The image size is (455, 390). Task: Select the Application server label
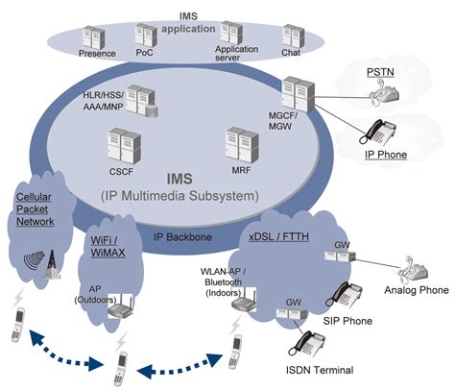tap(237, 52)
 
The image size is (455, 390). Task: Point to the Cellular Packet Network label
tap(36, 208)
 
